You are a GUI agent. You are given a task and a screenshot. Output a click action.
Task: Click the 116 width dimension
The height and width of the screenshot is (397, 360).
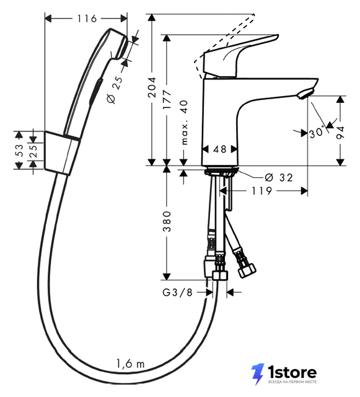point(87,19)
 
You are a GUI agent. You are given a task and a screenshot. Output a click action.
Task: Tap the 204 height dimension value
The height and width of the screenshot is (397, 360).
point(152,87)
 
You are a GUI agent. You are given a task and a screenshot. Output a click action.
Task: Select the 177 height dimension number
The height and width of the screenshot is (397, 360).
point(167,99)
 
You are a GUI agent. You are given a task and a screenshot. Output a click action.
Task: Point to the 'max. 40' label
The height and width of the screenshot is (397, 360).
point(185,122)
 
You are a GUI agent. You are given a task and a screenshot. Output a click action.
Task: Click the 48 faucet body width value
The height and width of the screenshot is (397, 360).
point(219,149)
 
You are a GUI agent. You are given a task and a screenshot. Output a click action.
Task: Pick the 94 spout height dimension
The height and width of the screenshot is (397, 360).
point(341,133)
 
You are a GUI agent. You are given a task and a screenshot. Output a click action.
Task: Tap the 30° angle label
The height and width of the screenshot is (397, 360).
point(316,132)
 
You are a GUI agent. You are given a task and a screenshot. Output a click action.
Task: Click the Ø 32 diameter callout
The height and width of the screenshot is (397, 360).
point(279,177)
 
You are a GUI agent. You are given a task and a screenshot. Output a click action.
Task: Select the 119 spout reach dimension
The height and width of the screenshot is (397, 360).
point(261,190)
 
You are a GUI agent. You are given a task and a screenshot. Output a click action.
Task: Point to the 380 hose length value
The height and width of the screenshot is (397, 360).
point(167,221)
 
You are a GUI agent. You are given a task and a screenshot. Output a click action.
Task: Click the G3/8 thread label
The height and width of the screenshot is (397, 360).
point(177,292)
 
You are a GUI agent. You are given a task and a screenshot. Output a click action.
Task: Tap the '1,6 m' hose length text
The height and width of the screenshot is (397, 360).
point(130,364)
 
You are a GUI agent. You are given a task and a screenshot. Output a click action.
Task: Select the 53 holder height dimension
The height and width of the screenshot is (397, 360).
point(19,150)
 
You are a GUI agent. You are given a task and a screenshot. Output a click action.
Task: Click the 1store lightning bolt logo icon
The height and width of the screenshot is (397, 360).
point(258,373)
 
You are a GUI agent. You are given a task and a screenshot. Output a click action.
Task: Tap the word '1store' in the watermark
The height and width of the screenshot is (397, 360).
point(292,372)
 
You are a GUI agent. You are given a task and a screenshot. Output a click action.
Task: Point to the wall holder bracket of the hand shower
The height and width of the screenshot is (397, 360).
point(63,153)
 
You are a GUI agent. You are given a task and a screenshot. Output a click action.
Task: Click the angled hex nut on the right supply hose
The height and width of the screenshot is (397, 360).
point(247,270)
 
